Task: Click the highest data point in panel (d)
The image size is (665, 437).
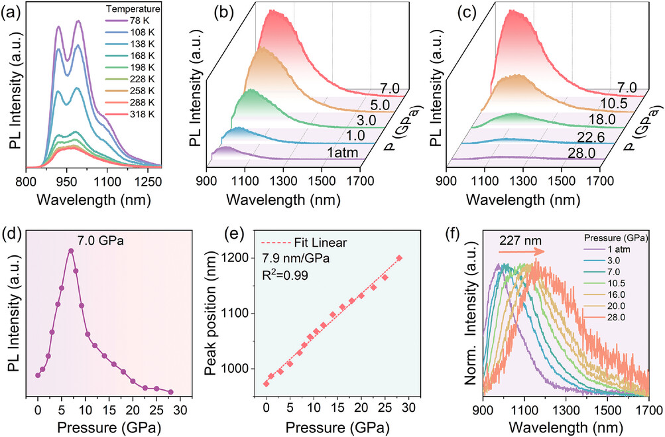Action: [x=71, y=251]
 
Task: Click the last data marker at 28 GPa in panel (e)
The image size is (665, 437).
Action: [x=399, y=258]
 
